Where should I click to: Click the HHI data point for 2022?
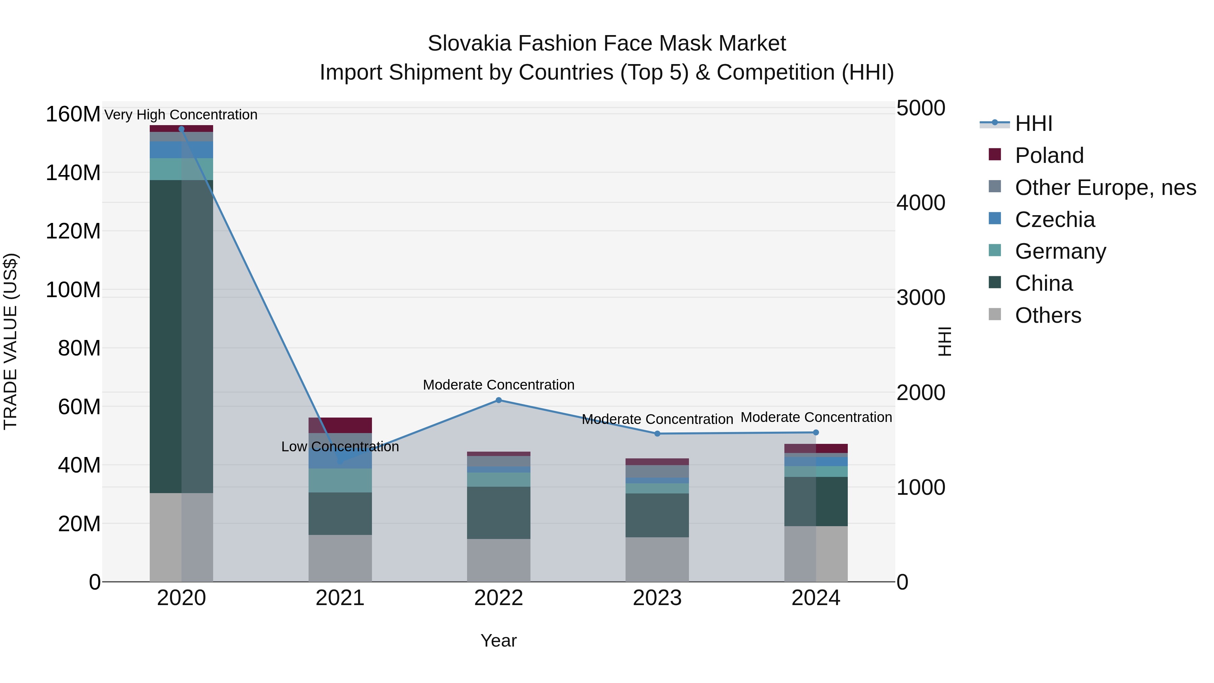[x=499, y=400]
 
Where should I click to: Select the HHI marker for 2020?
[x=181, y=129]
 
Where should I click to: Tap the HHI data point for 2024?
[x=816, y=432]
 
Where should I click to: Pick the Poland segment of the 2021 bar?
[x=340, y=425]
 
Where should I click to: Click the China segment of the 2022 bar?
[x=499, y=512]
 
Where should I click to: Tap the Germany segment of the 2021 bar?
[x=340, y=480]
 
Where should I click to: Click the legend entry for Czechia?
[x=1055, y=220]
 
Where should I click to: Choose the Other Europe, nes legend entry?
[x=1105, y=188]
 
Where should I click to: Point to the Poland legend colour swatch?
[x=995, y=154]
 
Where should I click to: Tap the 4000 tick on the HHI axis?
[x=920, y=203]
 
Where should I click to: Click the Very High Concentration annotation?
[x=181, y=115]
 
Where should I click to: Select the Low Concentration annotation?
[x=340, y=446]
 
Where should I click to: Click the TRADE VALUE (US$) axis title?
[x=10, y=342]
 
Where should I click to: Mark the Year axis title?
[x=499, y=641]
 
